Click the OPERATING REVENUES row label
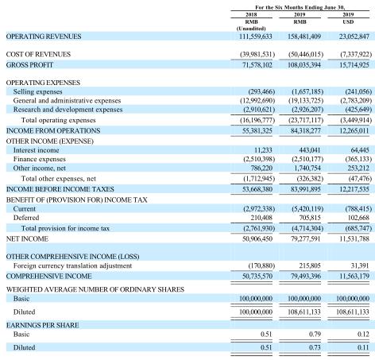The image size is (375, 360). (x=44, y=37)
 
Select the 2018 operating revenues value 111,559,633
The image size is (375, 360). (x=256, y=37)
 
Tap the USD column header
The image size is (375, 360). (x=348, y=21)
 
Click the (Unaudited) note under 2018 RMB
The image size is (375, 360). (x=251, y=29)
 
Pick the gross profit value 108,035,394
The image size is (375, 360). (x=304, y=65)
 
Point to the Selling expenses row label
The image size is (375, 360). (x=38, y=91)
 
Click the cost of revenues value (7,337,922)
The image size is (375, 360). (x=356, y=54)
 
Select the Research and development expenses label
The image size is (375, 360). (x=68, y=110)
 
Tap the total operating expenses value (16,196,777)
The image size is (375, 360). (x=257, y=120)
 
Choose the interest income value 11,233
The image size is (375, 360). (x=263, y=150)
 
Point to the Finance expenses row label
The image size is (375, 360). (x=40, y=159)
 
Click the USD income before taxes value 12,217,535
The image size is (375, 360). (x=354, y=189)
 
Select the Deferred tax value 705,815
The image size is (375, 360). (x=309, y=218)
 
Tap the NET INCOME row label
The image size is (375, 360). (x=27, y=239)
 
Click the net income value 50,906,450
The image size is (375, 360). (x=257, y=239)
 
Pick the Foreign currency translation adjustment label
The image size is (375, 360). (x=72, y=265)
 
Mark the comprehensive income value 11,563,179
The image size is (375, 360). (x=354, y=277)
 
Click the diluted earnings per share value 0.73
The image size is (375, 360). (x=315, y=347)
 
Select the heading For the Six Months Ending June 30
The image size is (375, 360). (x=300, y=7)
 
